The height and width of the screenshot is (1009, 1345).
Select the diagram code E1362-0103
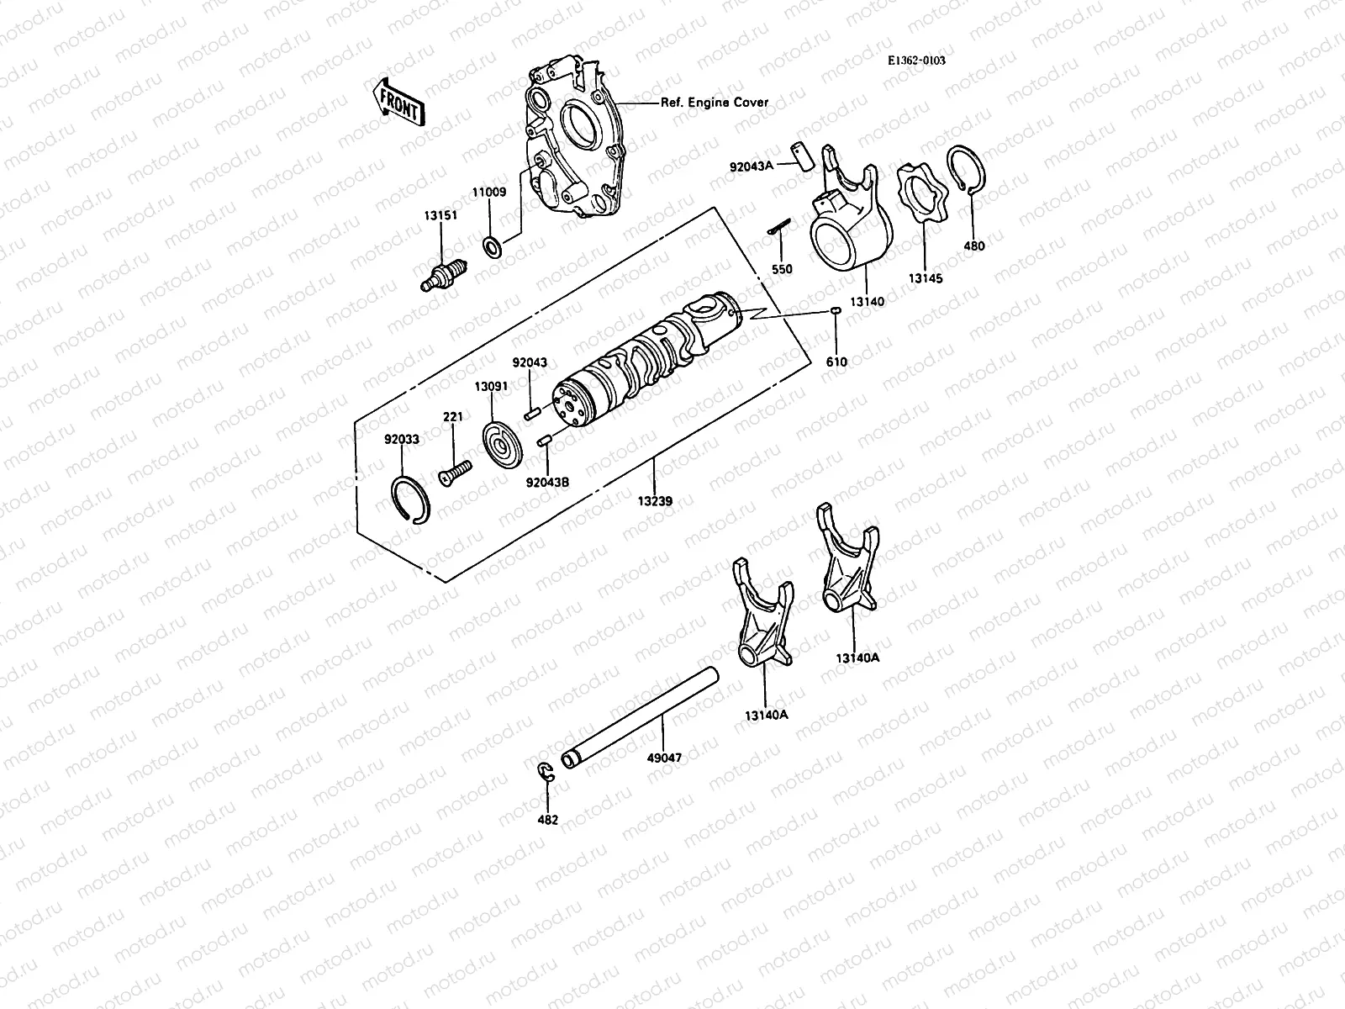tap(915, 61)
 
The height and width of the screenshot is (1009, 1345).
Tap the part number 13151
tap(440, 215)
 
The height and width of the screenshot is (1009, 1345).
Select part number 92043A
tap(752, 166)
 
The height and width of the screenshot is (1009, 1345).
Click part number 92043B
tap(547, 482)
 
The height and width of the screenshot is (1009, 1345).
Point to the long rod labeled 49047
tap(643, 716)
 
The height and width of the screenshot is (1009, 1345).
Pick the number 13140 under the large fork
tap(867, 300)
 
